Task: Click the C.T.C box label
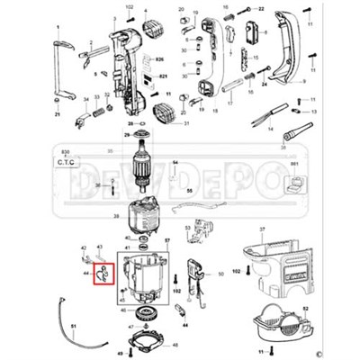coord(67,163)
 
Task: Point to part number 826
coord(162,58)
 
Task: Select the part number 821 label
coord(163,76)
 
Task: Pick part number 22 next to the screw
coord(260,8)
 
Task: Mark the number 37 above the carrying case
coord(263,229)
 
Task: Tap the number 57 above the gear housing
coord(166,240)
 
